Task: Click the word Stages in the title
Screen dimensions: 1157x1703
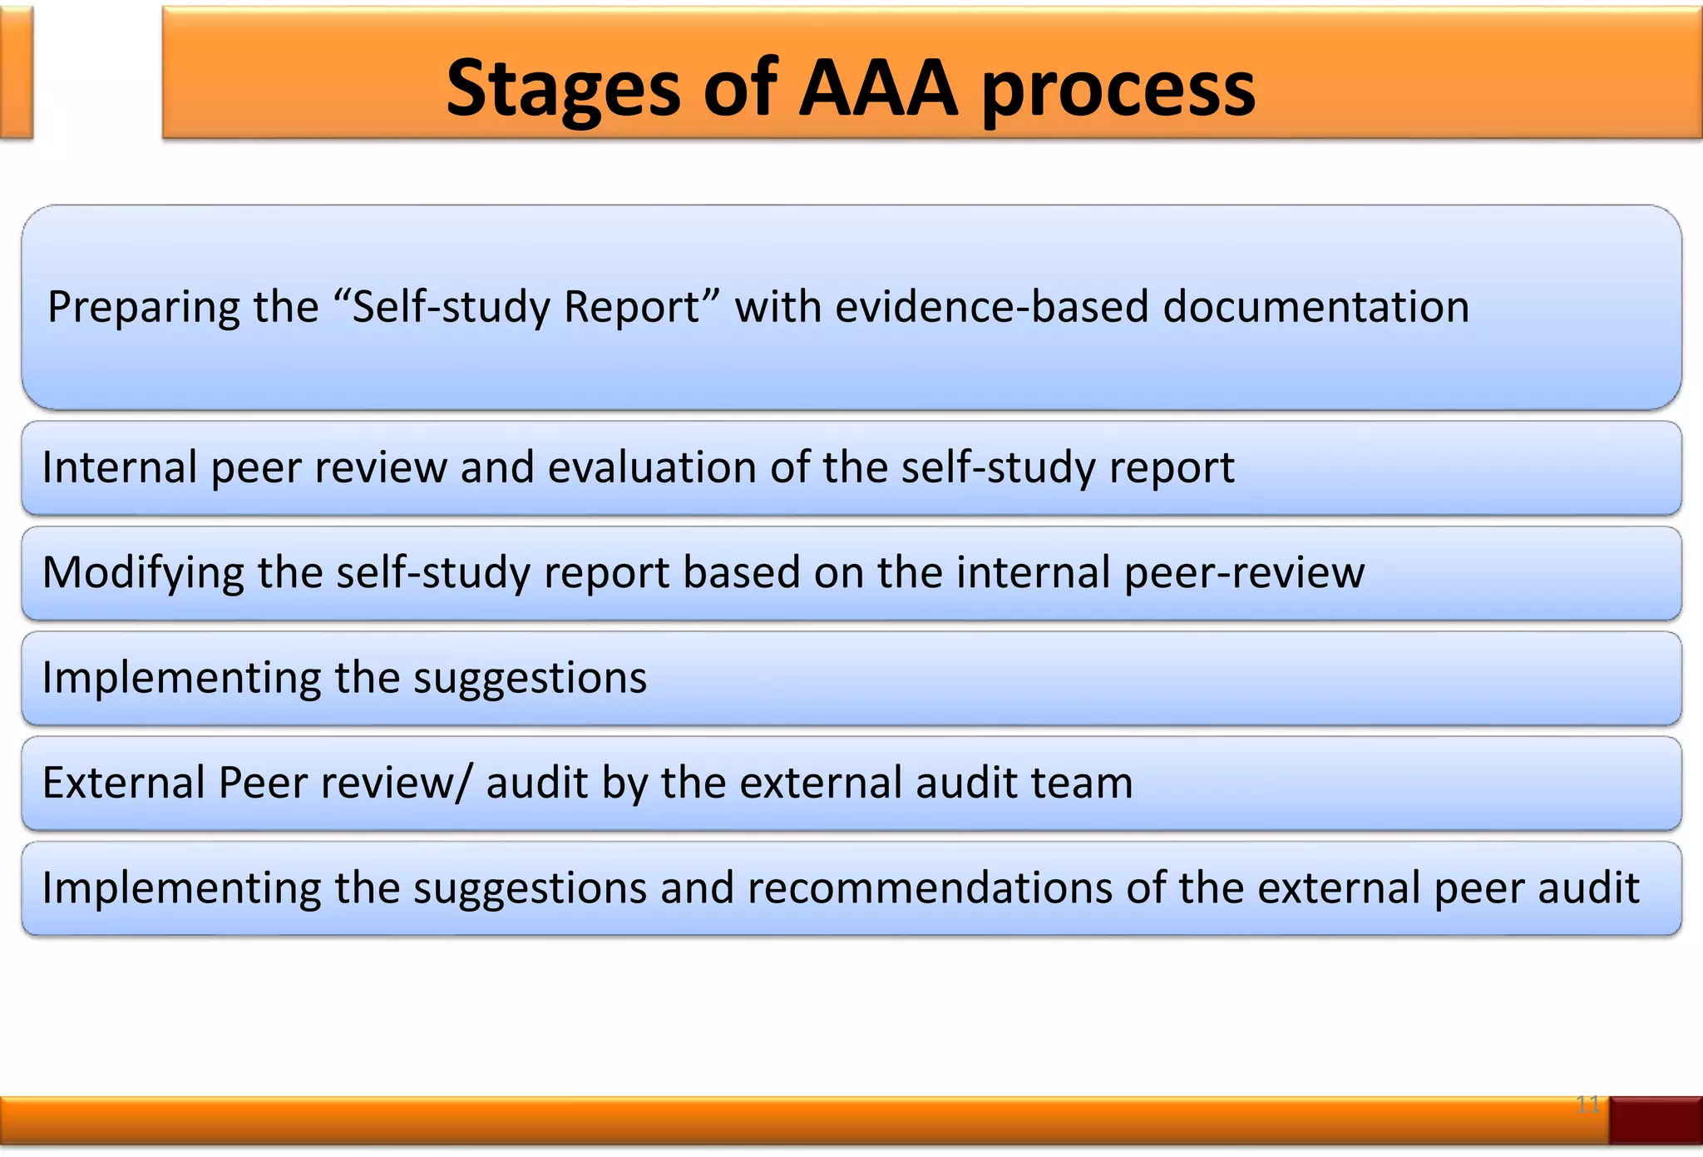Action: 564,89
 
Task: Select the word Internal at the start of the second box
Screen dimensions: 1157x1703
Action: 119,467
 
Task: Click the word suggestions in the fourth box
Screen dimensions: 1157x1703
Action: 530,678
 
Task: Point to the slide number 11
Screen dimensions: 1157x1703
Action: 1587,1105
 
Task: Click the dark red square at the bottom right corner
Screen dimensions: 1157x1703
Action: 1655,1120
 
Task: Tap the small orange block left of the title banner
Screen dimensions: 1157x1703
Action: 16,72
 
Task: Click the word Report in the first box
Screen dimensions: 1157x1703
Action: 632,306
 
